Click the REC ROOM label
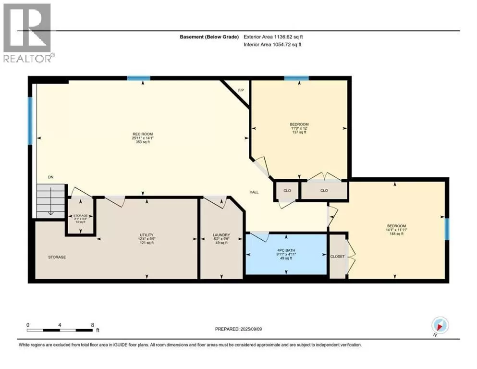pyautogui.click(x=143, y=134)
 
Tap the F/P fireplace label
pyautogui.click(x=241, y=90)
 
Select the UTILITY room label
pyautogui.click(x=147, y=235)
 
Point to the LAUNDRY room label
pyautogui.click(x=221, y=235)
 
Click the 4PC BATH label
pyautogui.click(x=286, y=250)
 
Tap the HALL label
pyautogui.click(x=254, y=192)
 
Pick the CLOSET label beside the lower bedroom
pyautogui.click(x=337, y=257)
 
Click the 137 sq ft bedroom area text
pyautogui.click(x=299, y=132)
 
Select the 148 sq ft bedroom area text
pyautogui.click(x=396, y=234)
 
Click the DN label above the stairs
pyautogui.click(x=51, y=177)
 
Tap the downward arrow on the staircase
pyautogui.click(x=51, y=201)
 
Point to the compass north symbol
pyautogui.click(x=440, y=326)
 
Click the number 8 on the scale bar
pyautogui.click(x=93, y=325)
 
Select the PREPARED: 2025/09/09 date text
pyautogui.click(x=238, y=329)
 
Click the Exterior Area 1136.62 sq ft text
pyautogui.click(x=273, y=37)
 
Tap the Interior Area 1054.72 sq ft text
pyautogui.click(x=272, y=44)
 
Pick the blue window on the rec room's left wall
pyautogui.click(x=30, y=121)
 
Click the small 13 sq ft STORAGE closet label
pyautogui.click(x=80, y=216)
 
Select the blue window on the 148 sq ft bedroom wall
pyautogui.click(x=447, y=229)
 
